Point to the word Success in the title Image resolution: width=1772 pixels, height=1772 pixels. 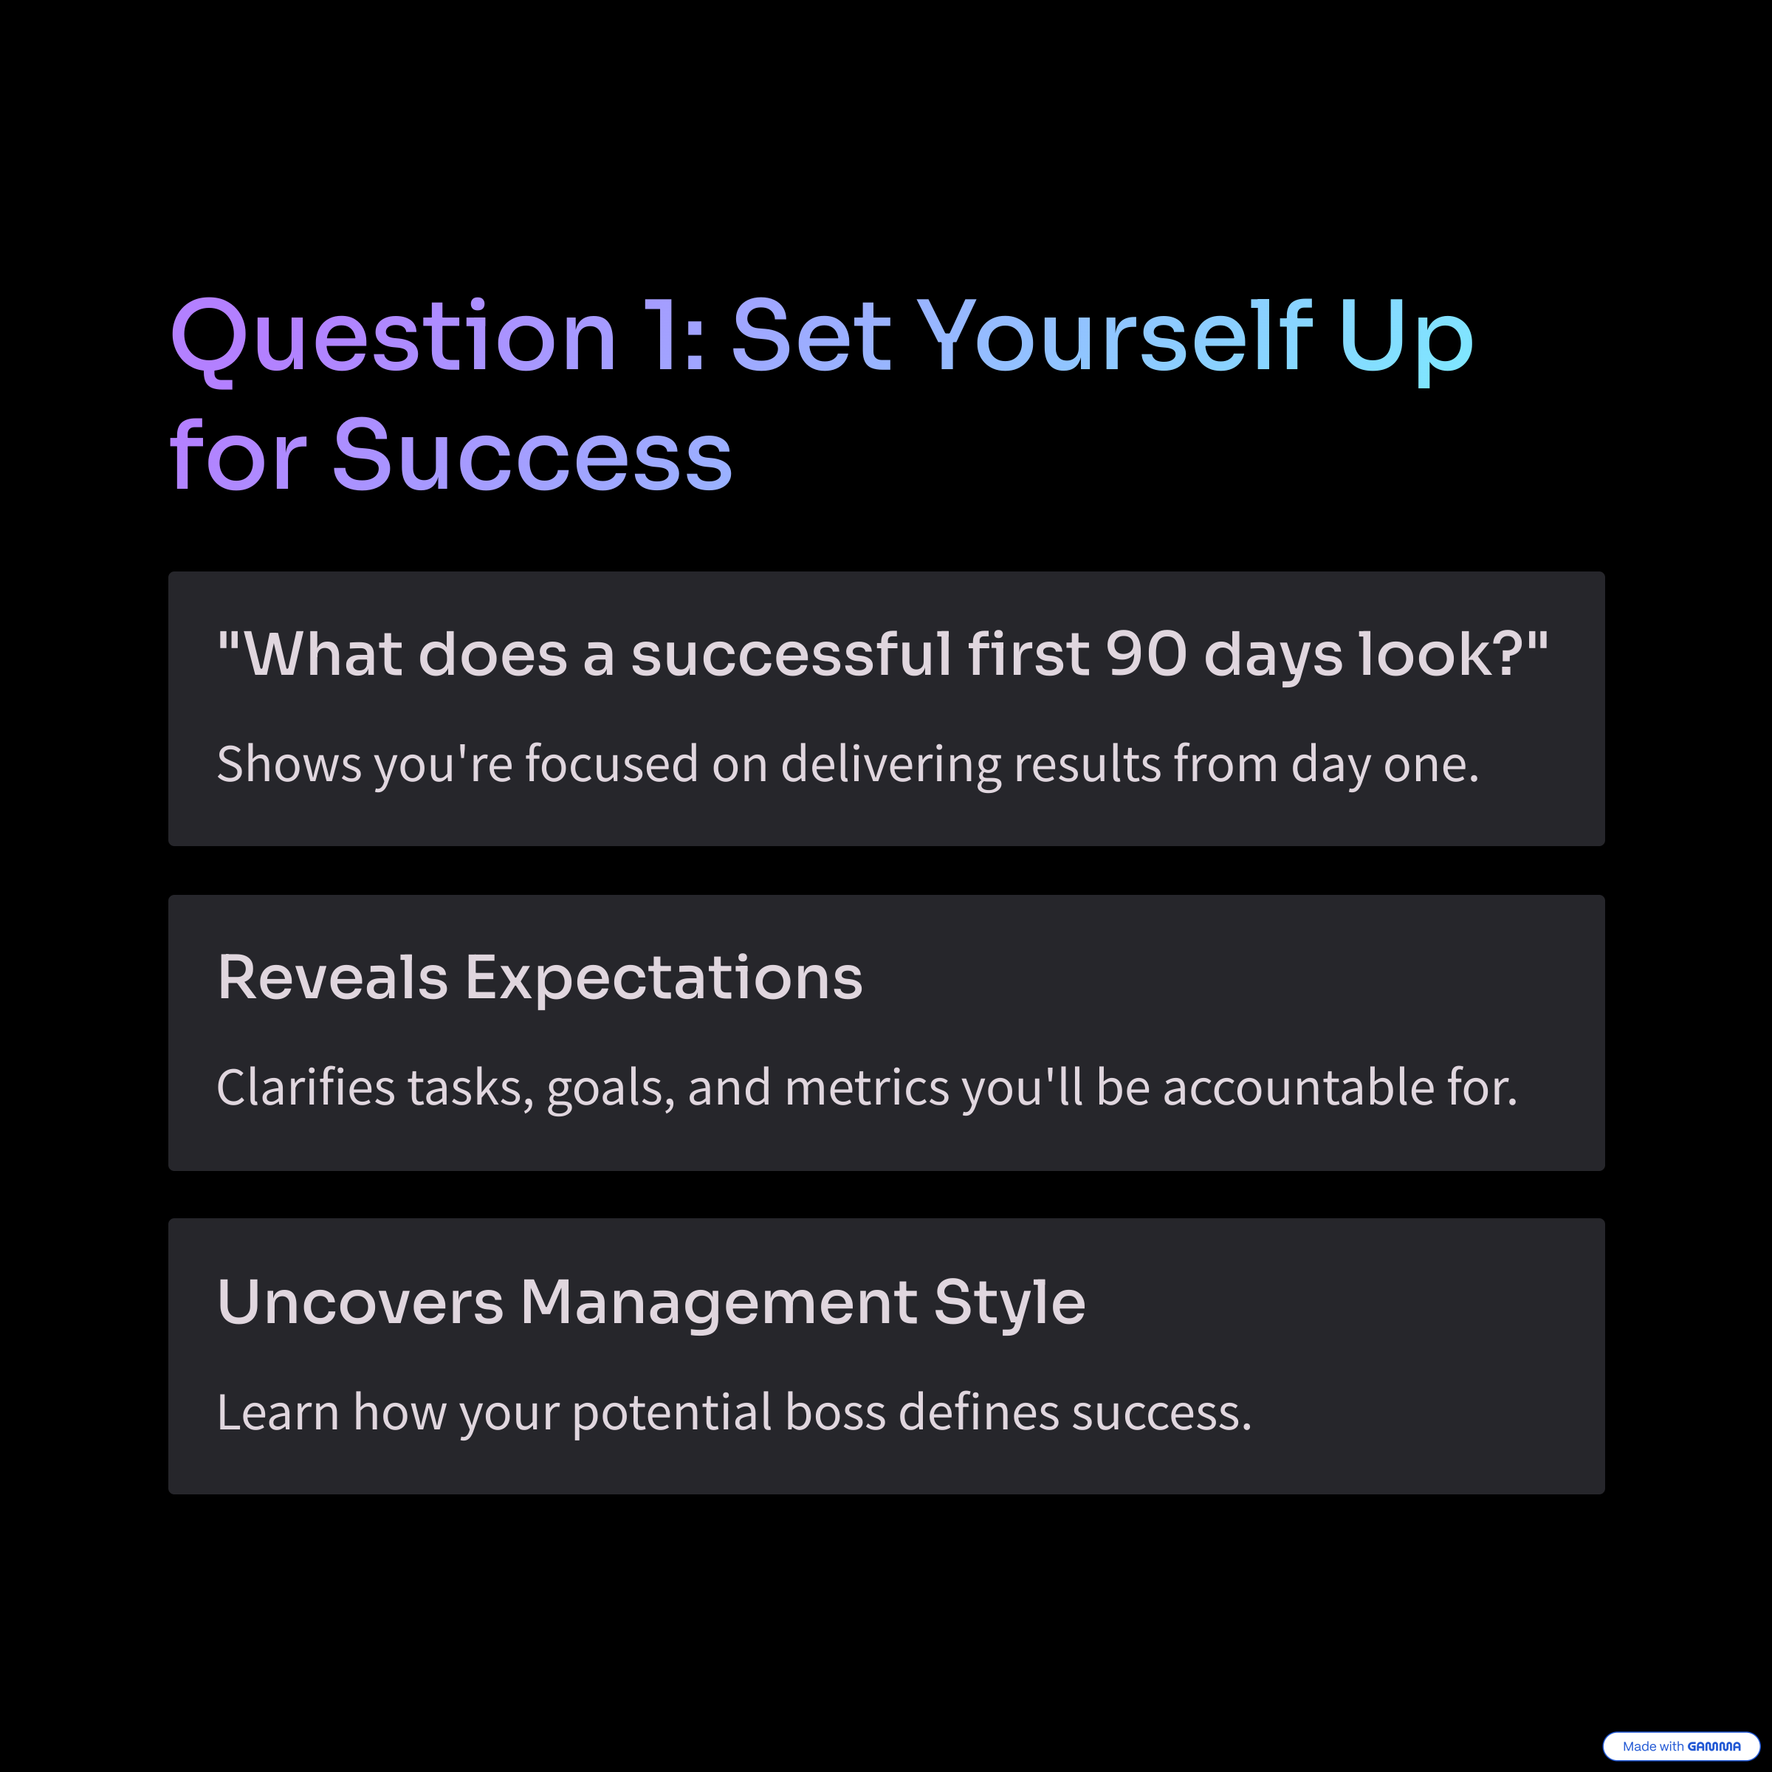click(532, 455)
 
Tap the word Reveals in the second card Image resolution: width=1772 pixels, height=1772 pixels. click(333, 977)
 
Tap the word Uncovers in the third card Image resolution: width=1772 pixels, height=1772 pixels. click(360, 1302)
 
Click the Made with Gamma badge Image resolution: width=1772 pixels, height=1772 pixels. click(1681, 1746)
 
